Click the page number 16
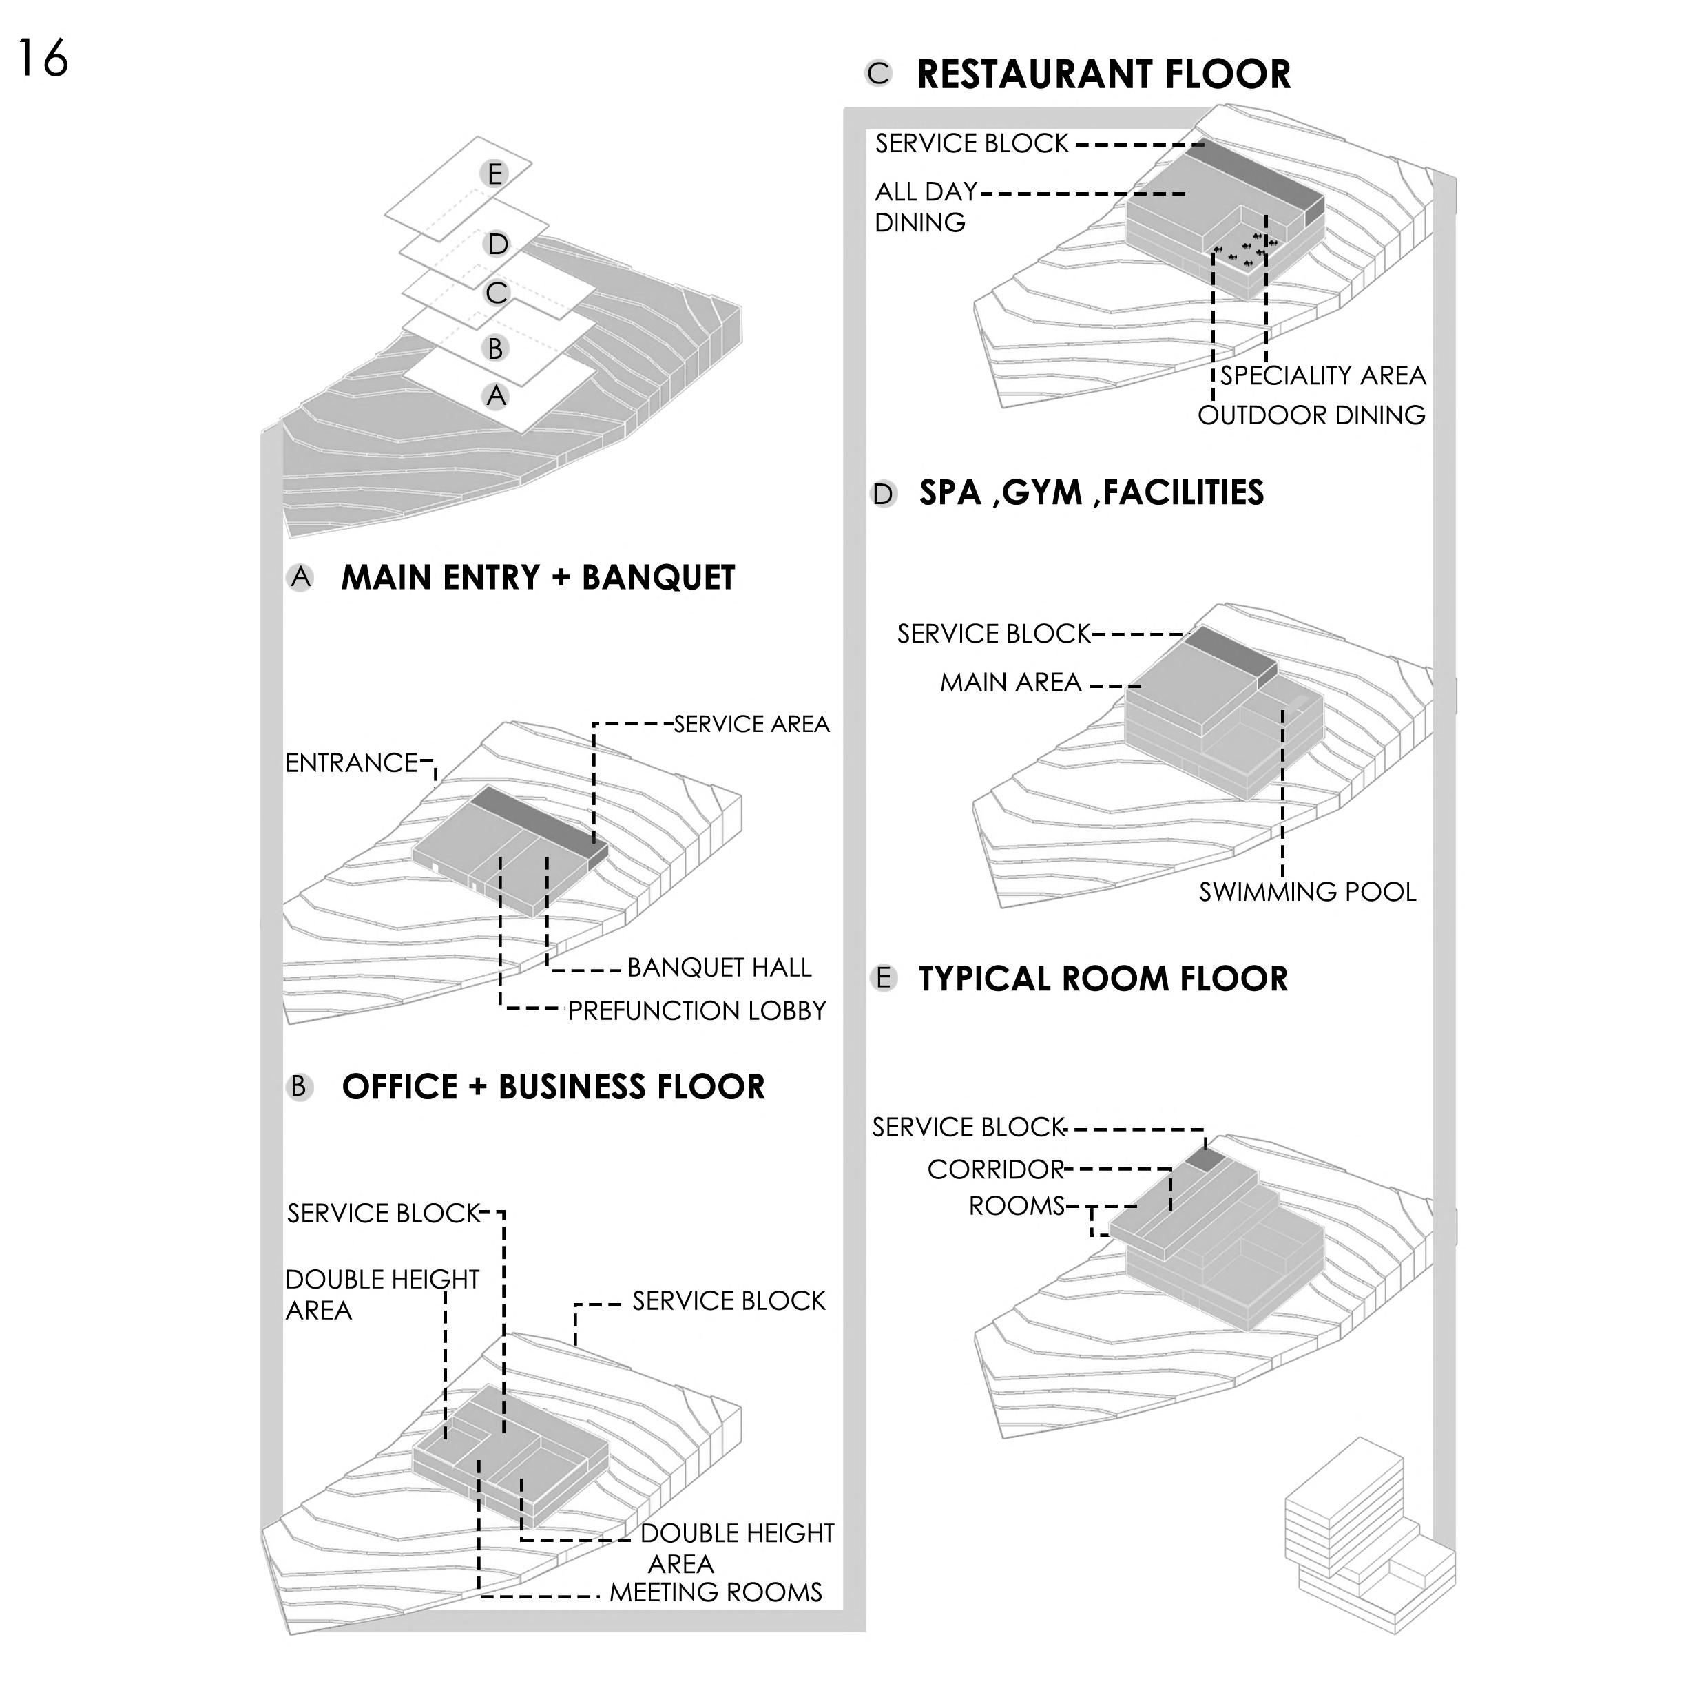pyautogui.click(x=43, y=59)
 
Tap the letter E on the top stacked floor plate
pyautogui.click(x=495, y=174)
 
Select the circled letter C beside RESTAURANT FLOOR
pyautogui.click(x=879, y=74)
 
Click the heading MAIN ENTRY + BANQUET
pyautogui.click(x=537, y=579)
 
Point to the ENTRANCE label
pyautogui.click(x=351, y=763)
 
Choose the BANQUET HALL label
pyautogui.click(x=719, y=968)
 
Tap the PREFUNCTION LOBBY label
pyautogui.click(x=697, y=1010)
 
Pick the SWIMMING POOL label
pyautogui.click(x=1306, y=892)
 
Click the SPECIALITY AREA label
pyautogui.click(x=1322, y=376)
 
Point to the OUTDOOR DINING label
pyautogui.click(x=1311, y=415)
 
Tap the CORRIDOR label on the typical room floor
pyautogui.click(x=995, y=1169)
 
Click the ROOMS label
pyautogui.click(x=1017, y=1206)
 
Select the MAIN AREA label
pyautogui.click(x=1010, y=683)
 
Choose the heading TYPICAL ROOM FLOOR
pyautogui.click(x=1103, y=979)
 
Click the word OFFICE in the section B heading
pyautogui.click(x=399, y=1087)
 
